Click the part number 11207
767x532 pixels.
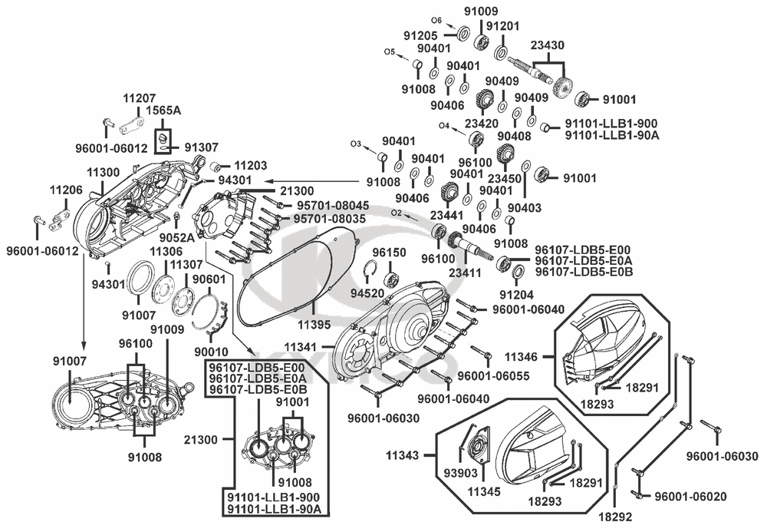point(140,98)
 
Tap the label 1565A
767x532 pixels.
point(164,111)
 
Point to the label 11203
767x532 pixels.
point(250,165)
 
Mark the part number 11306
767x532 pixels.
point(166,251)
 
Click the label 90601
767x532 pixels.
point(209,279)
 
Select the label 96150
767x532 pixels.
point(389,253)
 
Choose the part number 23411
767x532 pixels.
point(466,272)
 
